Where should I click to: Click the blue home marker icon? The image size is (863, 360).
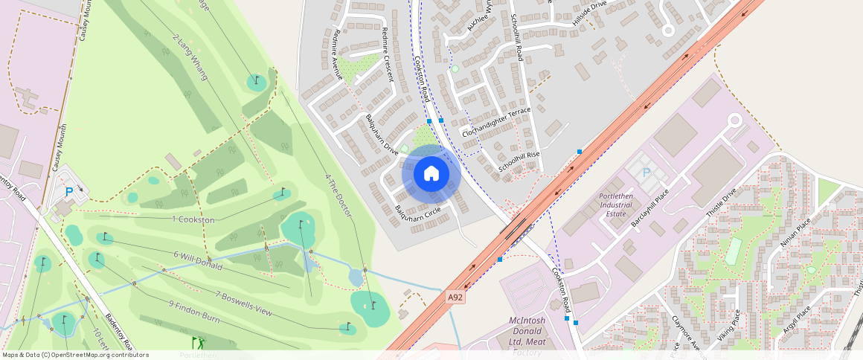click(431, 174)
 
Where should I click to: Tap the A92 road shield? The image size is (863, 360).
click(456, 298)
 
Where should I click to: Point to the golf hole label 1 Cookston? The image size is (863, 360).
click(193, 220)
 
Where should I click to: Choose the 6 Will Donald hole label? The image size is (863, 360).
click(198, 260)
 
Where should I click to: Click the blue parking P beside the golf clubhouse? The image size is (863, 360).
click(69, 192)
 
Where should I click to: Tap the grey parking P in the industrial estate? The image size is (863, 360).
click(646, 173)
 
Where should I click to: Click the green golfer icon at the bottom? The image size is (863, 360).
click(198, 343)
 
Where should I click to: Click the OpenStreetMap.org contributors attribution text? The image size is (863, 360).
click(102, 355)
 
